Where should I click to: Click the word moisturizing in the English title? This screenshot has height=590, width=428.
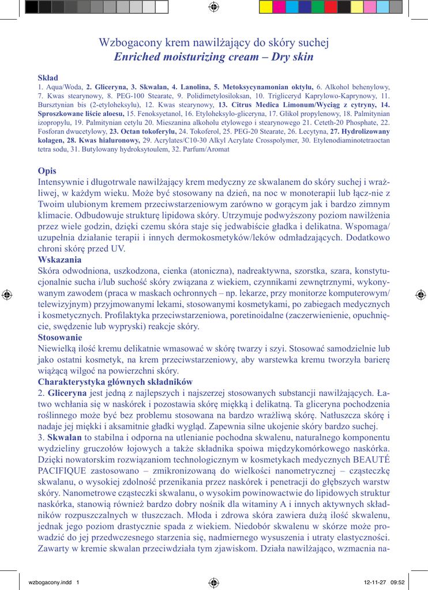click(176, 57)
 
